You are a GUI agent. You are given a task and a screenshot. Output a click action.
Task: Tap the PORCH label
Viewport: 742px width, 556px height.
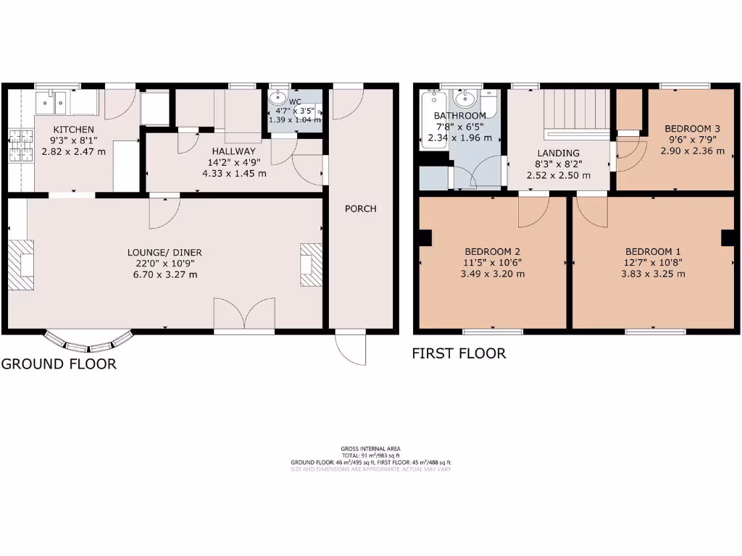point(360,209)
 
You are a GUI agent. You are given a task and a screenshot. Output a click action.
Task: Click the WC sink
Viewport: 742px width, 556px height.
point(278,98)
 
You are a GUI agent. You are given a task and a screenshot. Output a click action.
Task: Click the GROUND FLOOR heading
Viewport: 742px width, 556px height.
point(59,364)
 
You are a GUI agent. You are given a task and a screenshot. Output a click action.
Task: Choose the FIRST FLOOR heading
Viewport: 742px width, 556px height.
point(459,354)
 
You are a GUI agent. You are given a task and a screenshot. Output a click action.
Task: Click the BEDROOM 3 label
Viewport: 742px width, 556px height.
point(692,129)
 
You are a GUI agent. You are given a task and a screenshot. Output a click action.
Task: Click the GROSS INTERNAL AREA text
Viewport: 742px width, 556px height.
point(370,449)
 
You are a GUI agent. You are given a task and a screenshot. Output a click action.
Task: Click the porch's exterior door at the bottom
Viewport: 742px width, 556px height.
point(351,347)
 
